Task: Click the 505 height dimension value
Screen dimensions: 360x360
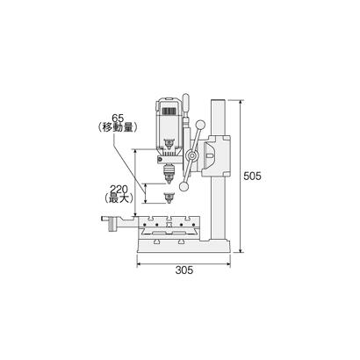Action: [252, 176]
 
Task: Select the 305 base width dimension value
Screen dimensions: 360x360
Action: [184, 270]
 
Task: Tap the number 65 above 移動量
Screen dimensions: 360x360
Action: [118, 119]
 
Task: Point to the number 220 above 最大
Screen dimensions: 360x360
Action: [119, 190]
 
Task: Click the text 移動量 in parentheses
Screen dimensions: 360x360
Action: [117, 127]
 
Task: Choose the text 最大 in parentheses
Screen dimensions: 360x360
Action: [119, 198]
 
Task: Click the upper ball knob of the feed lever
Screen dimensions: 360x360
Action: [200, 125]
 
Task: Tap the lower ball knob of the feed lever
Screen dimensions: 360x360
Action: [184, 187]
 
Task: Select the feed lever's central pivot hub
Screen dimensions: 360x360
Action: [191, 155]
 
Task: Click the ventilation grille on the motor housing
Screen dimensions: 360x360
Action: [169, 112]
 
